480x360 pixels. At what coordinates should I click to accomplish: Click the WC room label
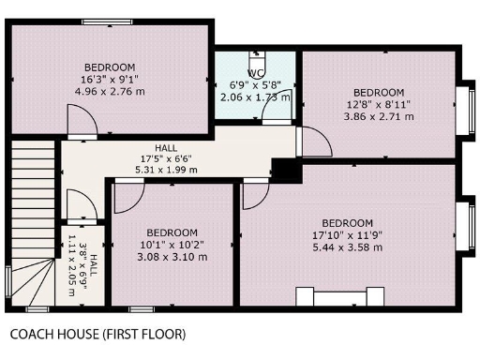[x=253, y=73]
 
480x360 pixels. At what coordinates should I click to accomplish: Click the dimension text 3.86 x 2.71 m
[x=378, y=116]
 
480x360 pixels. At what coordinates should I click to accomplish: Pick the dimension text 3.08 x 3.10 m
[x=172, y=257]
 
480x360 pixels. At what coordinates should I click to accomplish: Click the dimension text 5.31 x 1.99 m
[x=166, y=171]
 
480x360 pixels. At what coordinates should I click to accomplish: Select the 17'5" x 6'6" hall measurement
[x=166, y=159]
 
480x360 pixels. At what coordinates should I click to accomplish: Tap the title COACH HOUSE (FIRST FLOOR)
[x=97, y=334]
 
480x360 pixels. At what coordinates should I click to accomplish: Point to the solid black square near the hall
[x=284, y=171]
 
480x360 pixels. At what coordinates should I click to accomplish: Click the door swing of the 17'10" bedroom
[x=255, y=195]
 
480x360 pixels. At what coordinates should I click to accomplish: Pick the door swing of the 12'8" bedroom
[x=314, y=142]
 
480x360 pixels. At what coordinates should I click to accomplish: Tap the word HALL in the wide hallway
[x=166, y=148]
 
